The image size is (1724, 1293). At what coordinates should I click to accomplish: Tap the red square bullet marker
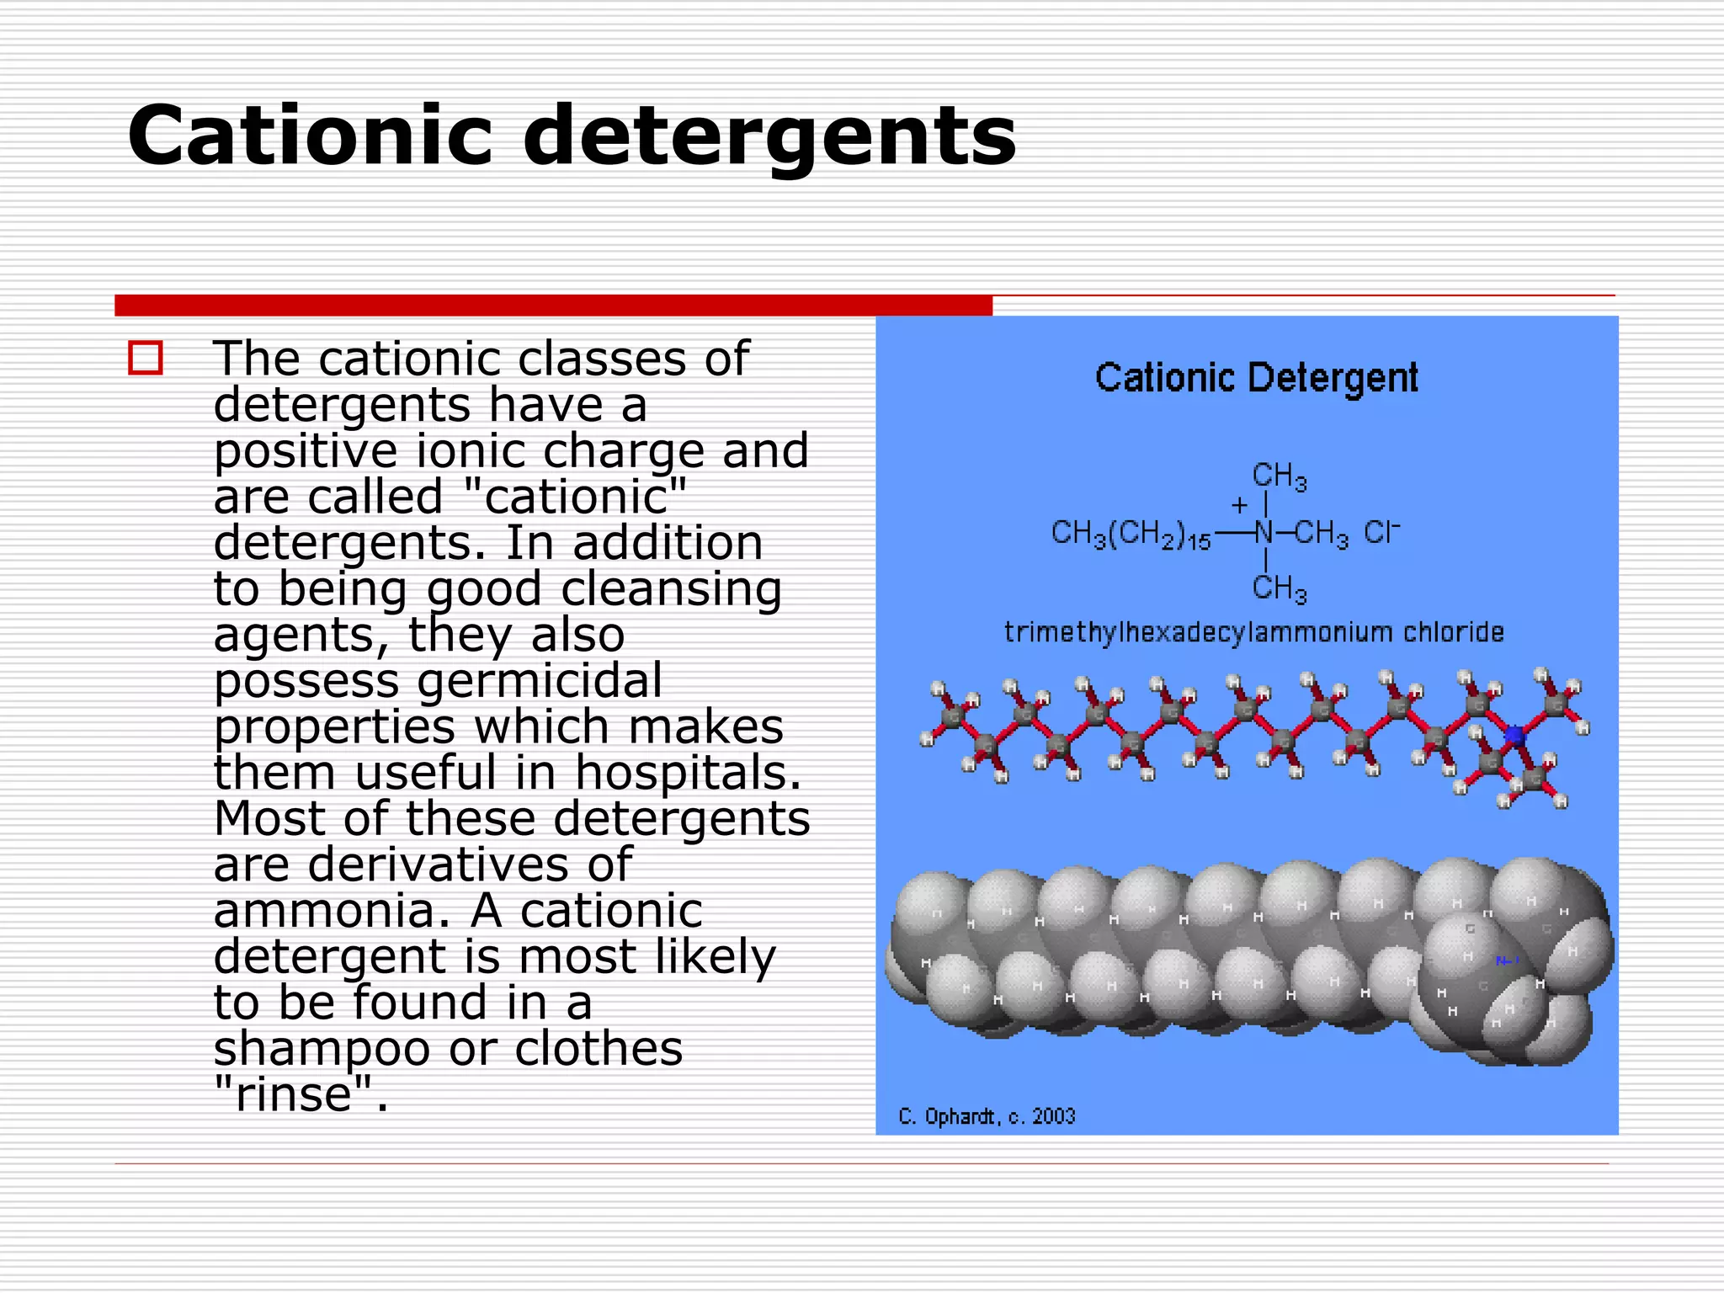[x=145, y=358]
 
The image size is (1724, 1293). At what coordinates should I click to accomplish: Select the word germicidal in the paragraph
[x=540, y=681]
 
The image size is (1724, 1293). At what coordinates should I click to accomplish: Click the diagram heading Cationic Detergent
[x=1256, y=377]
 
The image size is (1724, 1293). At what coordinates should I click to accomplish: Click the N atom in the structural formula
[x=1264, y=532]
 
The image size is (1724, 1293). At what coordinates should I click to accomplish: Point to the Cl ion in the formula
[x=1381, y=532]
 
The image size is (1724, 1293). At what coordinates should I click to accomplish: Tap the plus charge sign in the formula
[x=1239, y=505]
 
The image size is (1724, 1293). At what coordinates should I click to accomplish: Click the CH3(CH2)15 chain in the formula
[x=1131, y=534]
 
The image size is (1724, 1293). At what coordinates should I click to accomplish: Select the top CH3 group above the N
[x=1279, y=476]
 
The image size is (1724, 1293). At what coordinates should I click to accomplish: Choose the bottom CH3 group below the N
[x=1279, y=588]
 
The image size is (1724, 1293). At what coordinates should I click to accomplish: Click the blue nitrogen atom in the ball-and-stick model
[x=1514, y=735]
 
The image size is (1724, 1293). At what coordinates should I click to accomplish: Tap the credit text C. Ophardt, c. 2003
[x=987, y=1116]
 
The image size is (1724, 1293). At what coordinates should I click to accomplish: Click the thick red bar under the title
[x=553, y=306]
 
